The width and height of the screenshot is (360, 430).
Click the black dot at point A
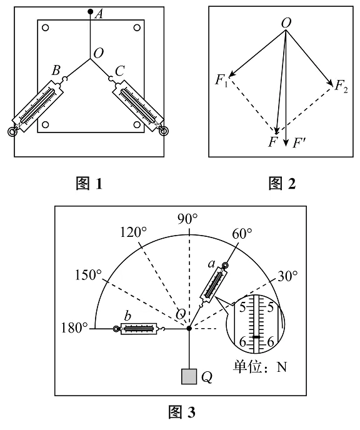pyautogui.click(x=90, y=11)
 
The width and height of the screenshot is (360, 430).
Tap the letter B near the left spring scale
pyautogui.click(x=56, y=70)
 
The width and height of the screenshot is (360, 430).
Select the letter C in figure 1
pyautogui.click(x=120, y=71)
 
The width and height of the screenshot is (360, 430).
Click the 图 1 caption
pyautogui.click(x=89, y=184)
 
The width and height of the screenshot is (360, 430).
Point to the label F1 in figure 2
pyautogui.click(x=221, y=81)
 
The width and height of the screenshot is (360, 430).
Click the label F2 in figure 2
pyautogui.click(x=341, y=86)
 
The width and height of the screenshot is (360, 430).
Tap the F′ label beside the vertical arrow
pyautogui.click(x=299, y=143)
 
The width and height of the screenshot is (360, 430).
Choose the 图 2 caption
pyautogui.click(x=282, y=184)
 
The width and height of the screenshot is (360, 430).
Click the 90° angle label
pyautogui.click(x=187, y=219)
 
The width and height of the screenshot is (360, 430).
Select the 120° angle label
pyautogui.click(x=134, y=232)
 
